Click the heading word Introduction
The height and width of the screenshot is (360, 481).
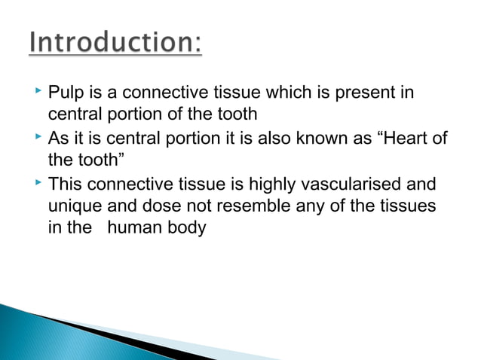[115, 44]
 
